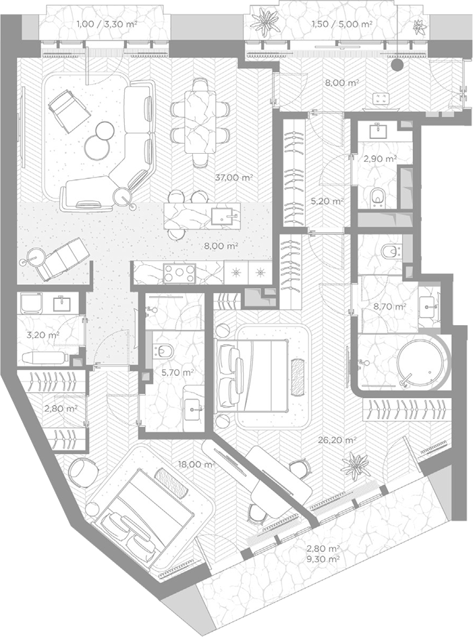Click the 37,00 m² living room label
pos(234,177)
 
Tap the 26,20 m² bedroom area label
pos(337,439)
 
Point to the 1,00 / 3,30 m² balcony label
pos(107,24)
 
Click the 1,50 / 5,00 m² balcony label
pos(342,24)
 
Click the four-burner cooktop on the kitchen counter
pos(179,273)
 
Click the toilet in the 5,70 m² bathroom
pos(163,351)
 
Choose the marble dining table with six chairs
pos(200,121)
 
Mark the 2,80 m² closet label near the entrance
pos(61,409)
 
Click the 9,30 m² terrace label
pos(323,559)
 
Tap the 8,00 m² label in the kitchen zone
pos(221,246)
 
